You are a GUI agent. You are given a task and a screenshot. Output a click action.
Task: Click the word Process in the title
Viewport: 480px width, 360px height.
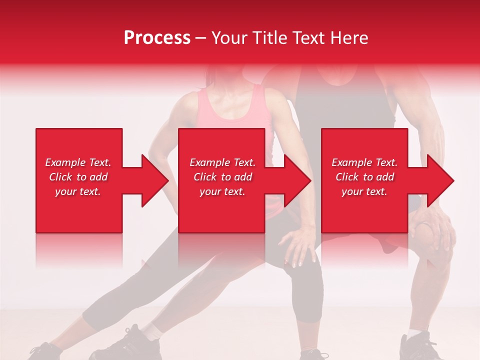pyautogui.click(x=157, y=38)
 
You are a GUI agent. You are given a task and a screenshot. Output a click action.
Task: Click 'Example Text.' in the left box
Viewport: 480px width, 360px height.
pyautogui.click(x=78, y=162)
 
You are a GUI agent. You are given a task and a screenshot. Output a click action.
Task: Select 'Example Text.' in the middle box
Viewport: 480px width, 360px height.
pyautogui.click(x=222, y=162)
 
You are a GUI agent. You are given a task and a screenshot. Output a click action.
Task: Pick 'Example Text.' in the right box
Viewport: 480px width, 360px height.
pyautogui.click(x=364, y=162)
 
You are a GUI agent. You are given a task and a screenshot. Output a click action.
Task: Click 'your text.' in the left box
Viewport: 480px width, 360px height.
pyautogui.click(x=78, y=191)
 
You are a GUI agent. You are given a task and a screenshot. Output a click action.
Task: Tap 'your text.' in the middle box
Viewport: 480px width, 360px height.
pyautogui.click(x=222, y=191)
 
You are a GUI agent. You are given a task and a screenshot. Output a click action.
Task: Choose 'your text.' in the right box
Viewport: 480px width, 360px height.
pyautogui.click(x=364, y=191)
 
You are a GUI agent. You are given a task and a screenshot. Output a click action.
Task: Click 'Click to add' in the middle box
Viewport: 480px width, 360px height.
pyautogui.click(x=222, y=177)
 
